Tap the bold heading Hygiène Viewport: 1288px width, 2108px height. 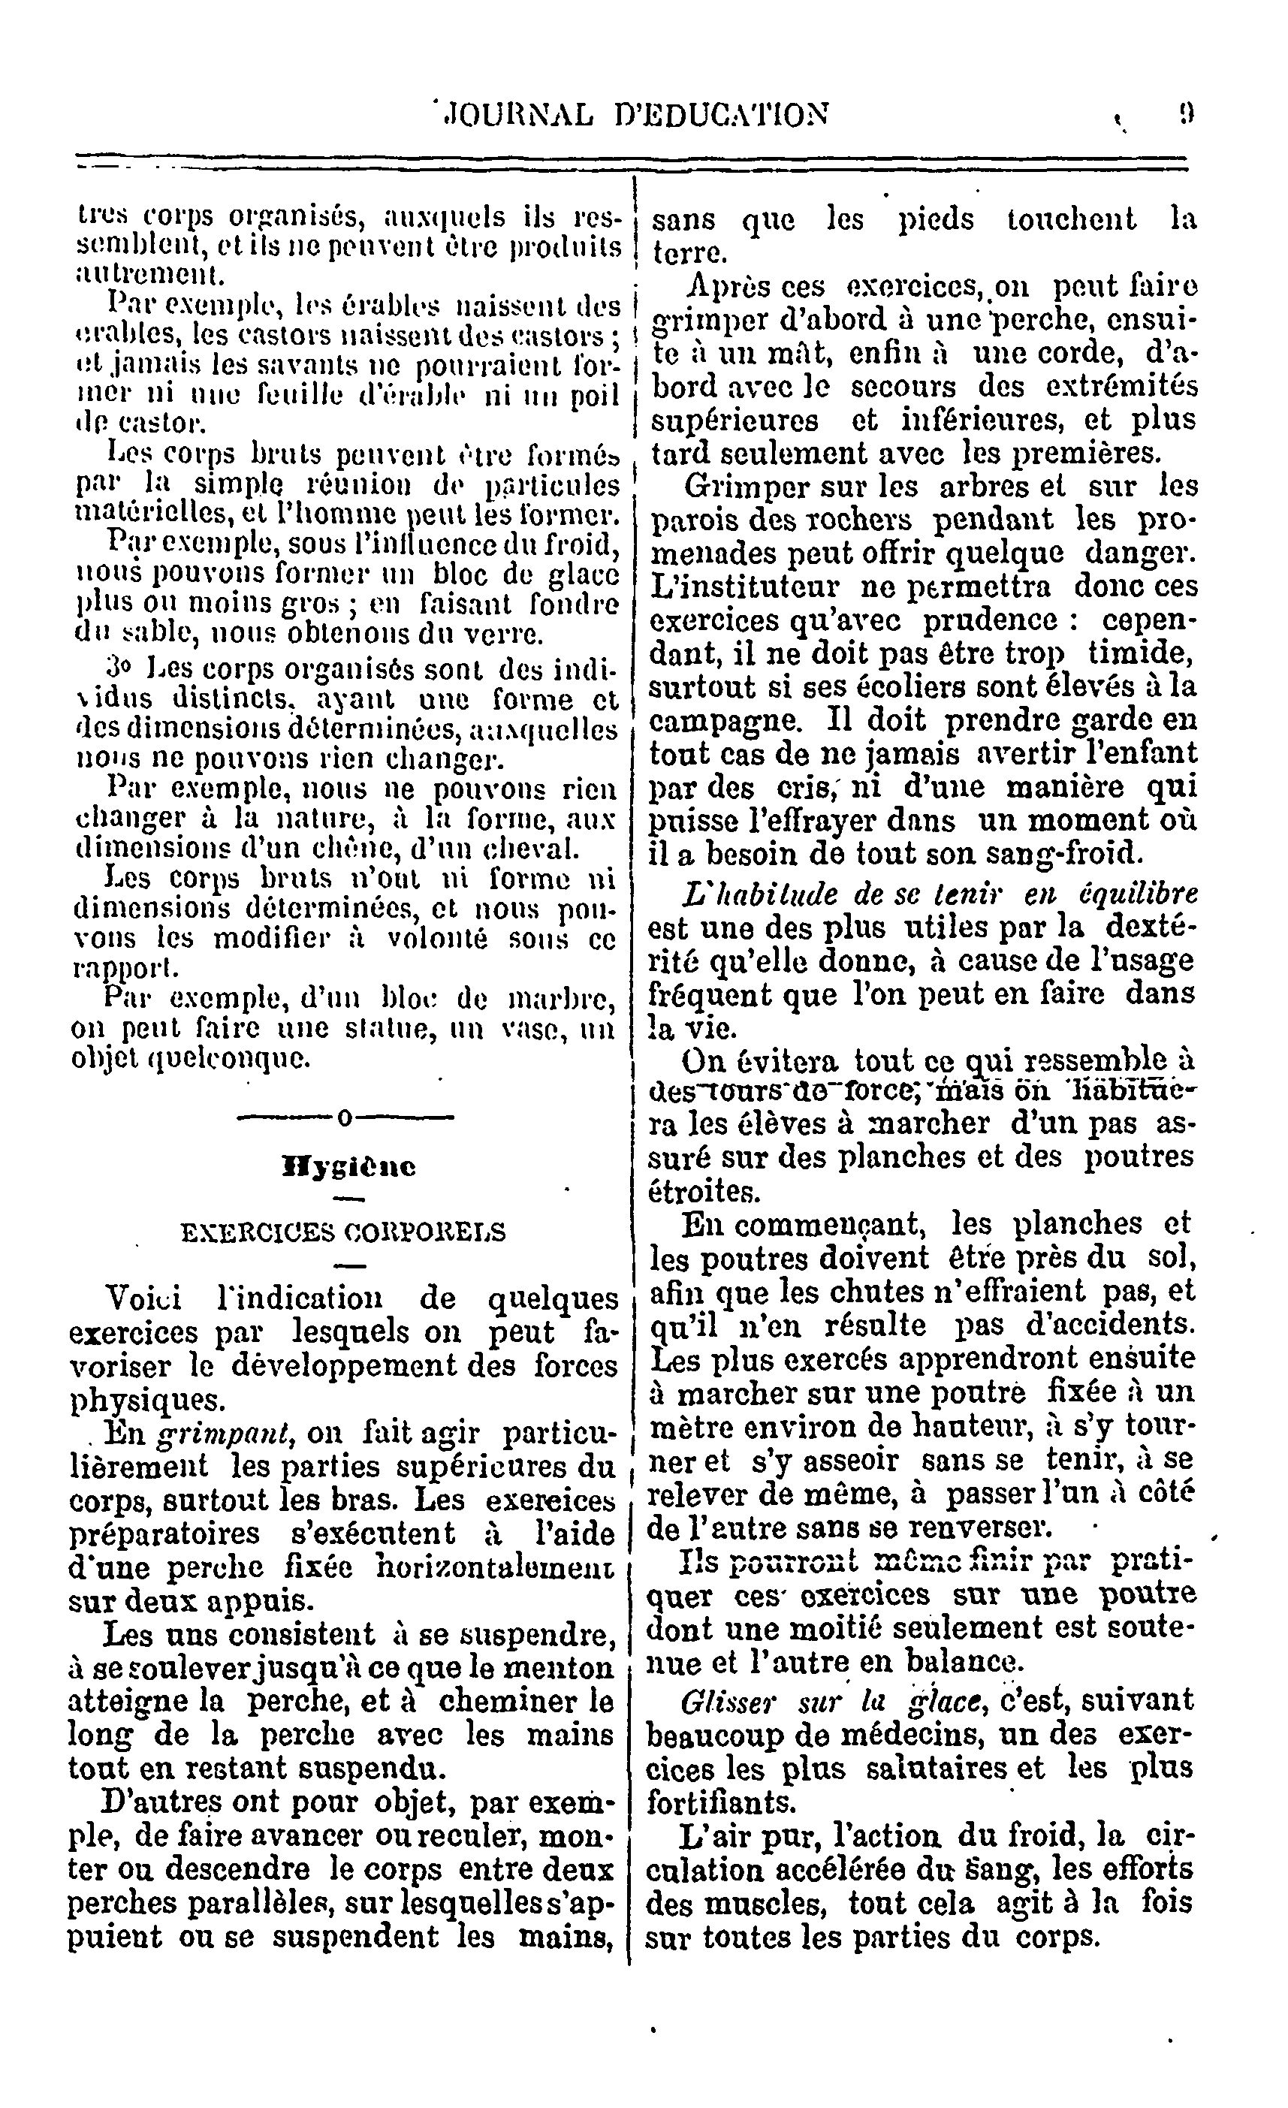coord(349,1167)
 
